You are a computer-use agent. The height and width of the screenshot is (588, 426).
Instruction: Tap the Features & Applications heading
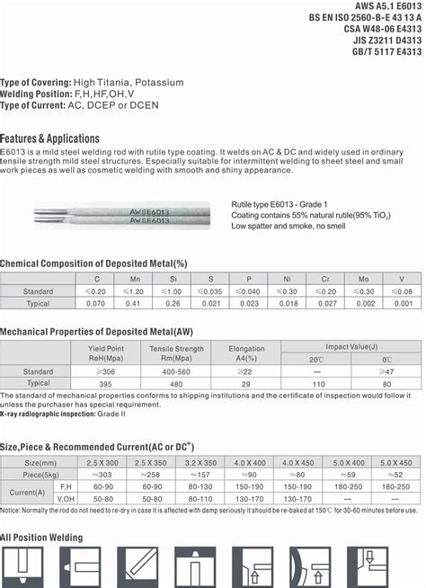[x=50, y=138]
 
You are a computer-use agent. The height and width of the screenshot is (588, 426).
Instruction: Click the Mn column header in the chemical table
[x=134, y=279]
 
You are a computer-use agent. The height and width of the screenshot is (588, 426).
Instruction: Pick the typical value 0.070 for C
[x=96, y=304]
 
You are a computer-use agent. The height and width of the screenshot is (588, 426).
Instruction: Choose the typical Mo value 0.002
[x=365, y=304]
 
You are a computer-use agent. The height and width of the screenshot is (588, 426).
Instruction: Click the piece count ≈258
[x=151, y=474]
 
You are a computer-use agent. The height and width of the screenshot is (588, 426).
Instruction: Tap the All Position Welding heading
[x=41, y=538]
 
